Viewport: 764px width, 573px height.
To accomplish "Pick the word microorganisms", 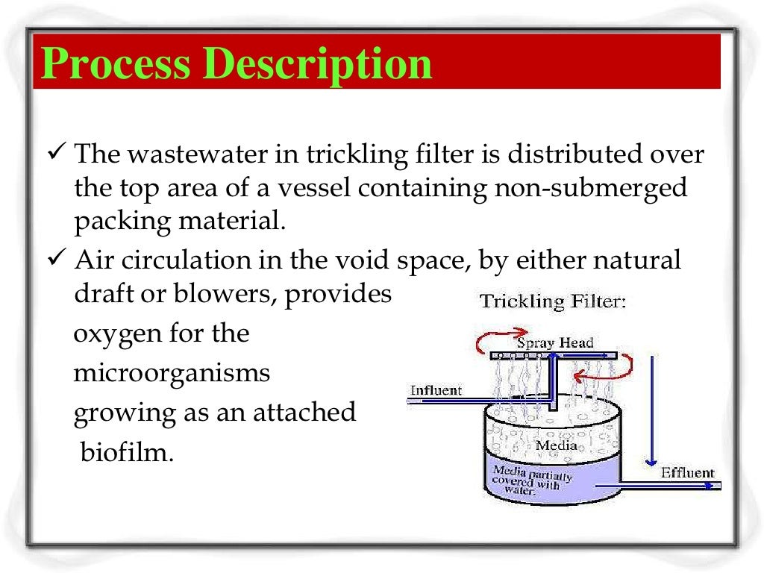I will [172, 372].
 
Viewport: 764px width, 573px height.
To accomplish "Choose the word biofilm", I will [125, 452].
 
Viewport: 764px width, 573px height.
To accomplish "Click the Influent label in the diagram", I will [436, 389].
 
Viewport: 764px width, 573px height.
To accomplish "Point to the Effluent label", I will [687, 472].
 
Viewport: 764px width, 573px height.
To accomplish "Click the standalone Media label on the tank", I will [557, 446].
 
